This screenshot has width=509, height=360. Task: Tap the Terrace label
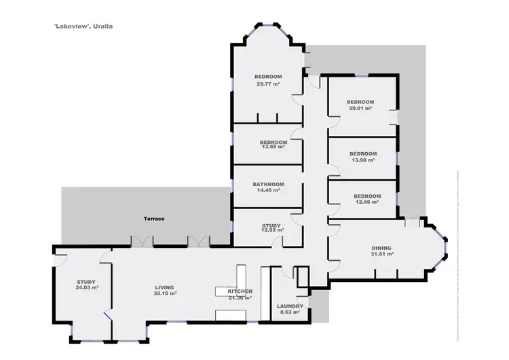click(154, 219)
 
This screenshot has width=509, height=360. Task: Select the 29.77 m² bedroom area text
click(268, 84)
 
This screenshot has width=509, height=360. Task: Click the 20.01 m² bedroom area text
click(360, 108)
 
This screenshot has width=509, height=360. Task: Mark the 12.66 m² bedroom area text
click(366, 202)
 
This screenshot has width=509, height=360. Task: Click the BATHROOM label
click(268, 184)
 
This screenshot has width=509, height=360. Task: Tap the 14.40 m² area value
click(268, 191)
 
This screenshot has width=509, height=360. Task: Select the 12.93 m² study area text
click(272, 231)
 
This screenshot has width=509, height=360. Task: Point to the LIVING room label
click(164, 288)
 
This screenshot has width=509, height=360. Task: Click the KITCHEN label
click(240, 291)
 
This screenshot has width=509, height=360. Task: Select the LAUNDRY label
click(290, 306)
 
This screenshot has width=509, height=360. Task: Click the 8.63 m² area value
click(290, 312)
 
